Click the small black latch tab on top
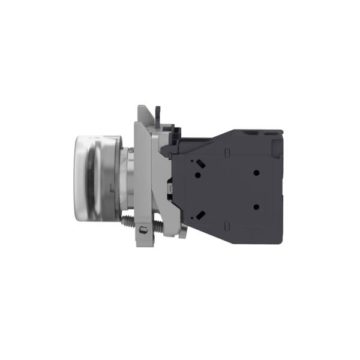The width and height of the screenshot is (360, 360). (158, 112)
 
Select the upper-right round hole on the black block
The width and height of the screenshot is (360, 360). (256, 172)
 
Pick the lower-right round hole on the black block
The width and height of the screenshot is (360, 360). (256, 207)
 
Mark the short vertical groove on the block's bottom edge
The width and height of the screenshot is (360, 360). (227, 227)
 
